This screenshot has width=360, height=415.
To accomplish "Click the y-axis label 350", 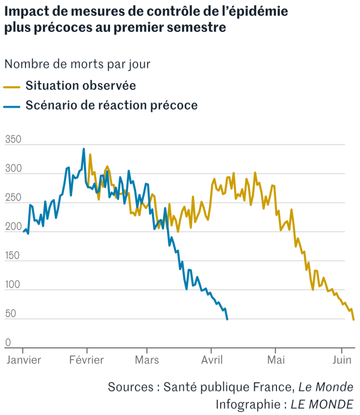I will (x=13, y=139).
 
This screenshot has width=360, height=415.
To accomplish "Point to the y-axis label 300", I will (x=13, y=169).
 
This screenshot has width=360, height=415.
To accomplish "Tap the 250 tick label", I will (x=13, y=198).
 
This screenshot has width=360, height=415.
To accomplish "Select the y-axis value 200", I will (x=13, y=227).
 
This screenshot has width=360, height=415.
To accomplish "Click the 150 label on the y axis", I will (x=13, y=256).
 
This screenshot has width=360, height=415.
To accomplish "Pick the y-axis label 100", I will (x=13, y=285).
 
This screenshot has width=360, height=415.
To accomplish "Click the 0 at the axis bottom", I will (x=8, y=343).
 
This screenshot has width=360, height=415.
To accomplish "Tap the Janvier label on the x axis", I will (x=23, y=360).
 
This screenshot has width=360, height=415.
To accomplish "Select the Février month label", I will (x=87, y=360).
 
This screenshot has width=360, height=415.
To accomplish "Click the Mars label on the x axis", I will (x=147, y=360).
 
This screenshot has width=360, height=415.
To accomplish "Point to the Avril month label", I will (x=211, y=360).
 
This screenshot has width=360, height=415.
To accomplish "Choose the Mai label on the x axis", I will (x=276, y=360).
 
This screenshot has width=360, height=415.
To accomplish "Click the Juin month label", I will (x=342, y=360).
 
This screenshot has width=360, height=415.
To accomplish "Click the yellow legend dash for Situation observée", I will (x=12, y=86).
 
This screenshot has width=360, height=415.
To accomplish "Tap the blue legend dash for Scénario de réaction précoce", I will (x=12, y=105).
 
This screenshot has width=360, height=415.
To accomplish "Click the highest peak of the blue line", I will (x=83, y=149).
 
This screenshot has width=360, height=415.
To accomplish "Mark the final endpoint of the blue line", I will (x=227, y=320).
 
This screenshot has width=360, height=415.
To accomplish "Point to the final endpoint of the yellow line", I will (x=353, y=320).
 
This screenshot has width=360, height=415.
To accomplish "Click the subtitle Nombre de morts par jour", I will (x=78, y=63).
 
